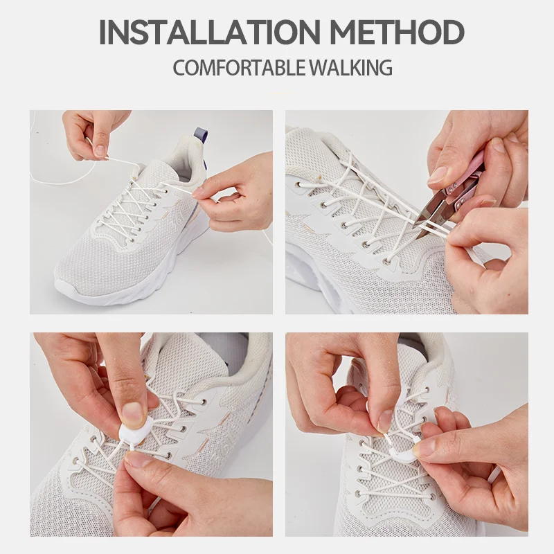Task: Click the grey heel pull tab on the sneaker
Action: coord(201,133)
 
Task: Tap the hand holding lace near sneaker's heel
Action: coord(235,194)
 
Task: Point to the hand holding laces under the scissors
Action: coord(485,263)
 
